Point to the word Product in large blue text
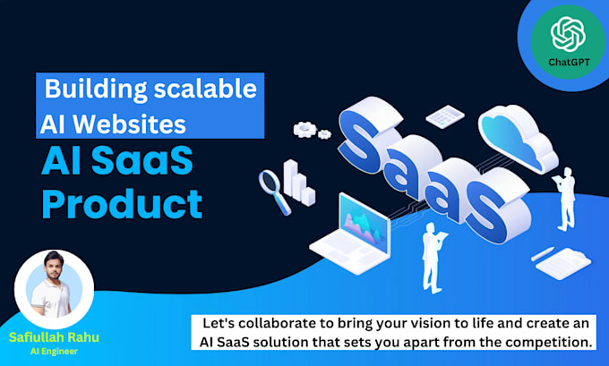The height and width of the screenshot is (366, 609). (122, 204)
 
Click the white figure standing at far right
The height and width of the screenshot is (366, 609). (566, 201)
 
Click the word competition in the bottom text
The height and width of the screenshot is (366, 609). (547, 343)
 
